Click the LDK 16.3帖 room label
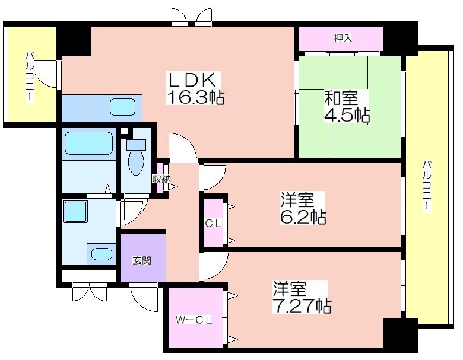point(195,88)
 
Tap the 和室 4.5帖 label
point(347,106)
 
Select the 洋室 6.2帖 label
point(303,208)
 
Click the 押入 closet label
point(343,38)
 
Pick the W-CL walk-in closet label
point(194,320)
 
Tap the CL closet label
point(213,224)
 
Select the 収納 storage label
point(161,179)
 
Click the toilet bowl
point(135,161)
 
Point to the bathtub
point(88,143)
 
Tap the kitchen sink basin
point(122,107)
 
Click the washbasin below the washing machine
point(102,253)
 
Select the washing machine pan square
point(75,212)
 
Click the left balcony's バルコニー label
point(30,78)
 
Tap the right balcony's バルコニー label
point(426,186)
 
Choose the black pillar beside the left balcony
point(74,40)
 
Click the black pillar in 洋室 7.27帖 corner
point(400,333)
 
